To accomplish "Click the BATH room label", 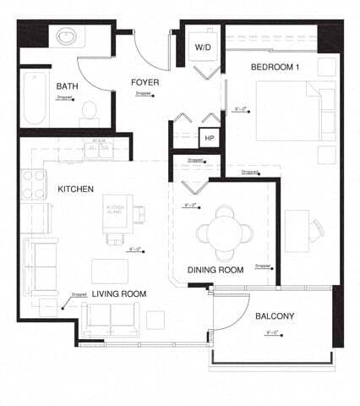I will tap(68, 87).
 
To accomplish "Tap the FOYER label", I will tap(145, 82).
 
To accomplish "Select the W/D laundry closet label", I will tap(203, 47).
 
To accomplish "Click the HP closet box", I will tap(208, 137).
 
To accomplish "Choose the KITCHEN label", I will tap(75, 189).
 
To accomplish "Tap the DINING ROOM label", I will tap(215, 270).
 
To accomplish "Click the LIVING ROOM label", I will tap(119, 294).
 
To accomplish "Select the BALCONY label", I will tap(274, 316).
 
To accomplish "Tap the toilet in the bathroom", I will tap(89, 112).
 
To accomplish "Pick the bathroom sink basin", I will tap(67, 38).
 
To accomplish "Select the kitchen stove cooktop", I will tap(34, 183).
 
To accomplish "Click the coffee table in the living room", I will tap(110, 271).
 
